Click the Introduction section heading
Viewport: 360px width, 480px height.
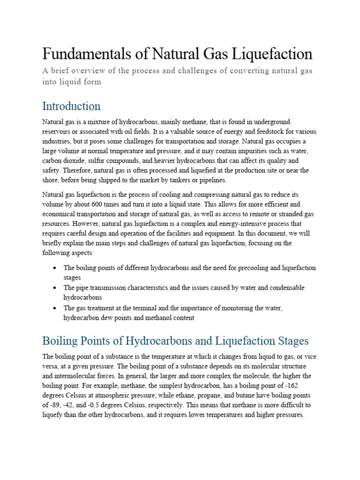[x=71, y=105]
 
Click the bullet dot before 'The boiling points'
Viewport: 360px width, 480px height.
[x=55, y=268]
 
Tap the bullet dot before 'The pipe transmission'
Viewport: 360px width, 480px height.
[x=55, y=287]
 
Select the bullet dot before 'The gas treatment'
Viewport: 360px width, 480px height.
[x=55, y=308]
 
